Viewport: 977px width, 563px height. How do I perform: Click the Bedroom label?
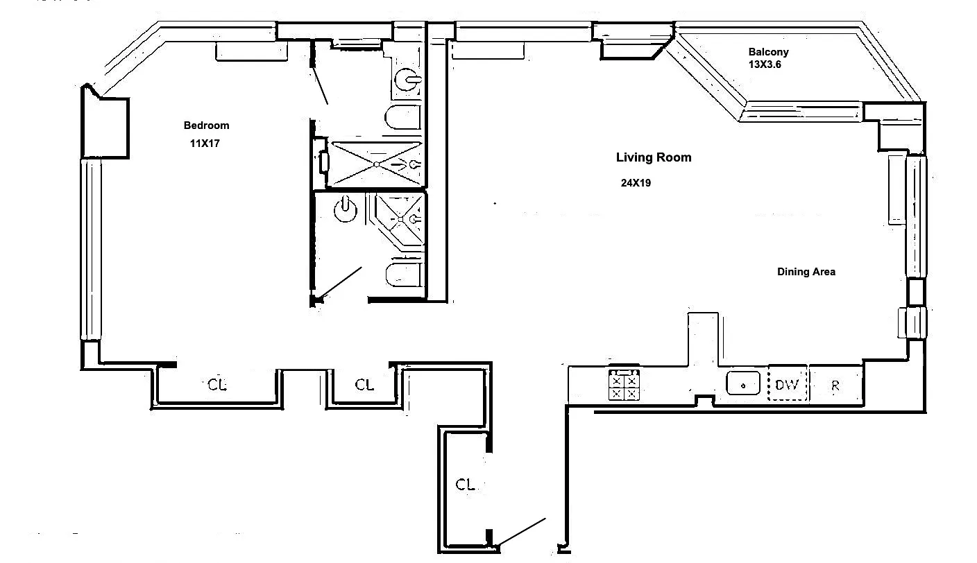click(206, 125)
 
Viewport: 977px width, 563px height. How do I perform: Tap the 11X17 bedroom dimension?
click(205, 144)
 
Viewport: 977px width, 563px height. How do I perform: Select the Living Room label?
click(654, 157)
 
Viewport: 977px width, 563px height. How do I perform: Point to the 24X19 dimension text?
click(636, 183)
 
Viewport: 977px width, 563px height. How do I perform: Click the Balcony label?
click(768, 52)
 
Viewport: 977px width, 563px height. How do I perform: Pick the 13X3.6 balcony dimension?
click(764, 64)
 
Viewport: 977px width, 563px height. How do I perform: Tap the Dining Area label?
click(806, 272)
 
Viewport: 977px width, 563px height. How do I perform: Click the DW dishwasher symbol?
click(788, 385)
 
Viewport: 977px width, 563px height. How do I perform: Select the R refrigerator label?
click(835, 386)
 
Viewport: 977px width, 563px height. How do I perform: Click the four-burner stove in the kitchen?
click(624, 385)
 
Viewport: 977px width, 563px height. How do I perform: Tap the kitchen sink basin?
click(742, 383)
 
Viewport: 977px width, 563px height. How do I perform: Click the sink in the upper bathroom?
click(407, 80)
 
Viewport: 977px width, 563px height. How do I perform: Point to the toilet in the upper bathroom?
click(403, 116)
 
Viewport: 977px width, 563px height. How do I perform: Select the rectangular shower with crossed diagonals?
click(375, 164)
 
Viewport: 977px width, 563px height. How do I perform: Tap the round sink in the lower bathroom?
click(346, 209)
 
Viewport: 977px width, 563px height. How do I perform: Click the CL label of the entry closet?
click(465, 485)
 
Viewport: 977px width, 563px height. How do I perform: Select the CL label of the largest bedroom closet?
click(217, 385)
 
